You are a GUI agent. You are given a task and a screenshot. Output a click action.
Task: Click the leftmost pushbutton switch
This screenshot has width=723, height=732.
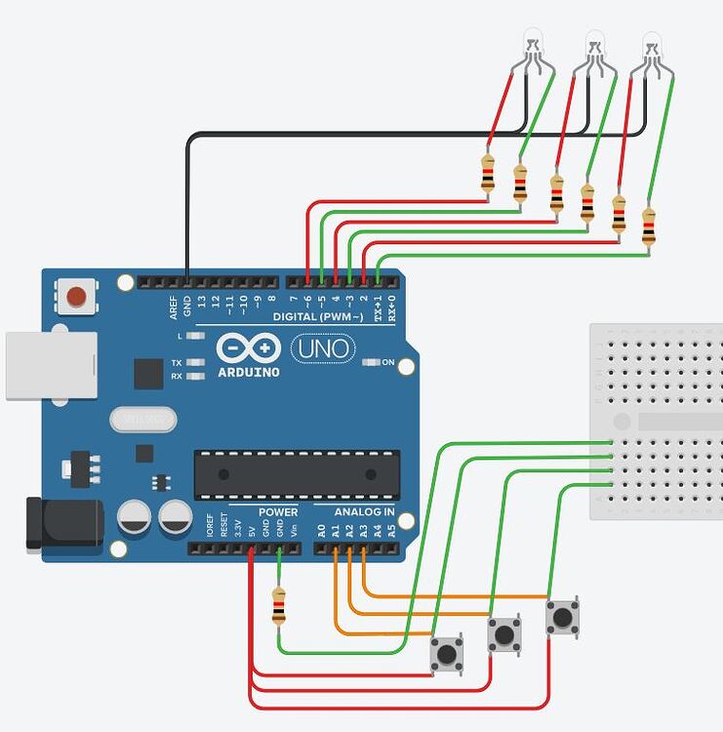(x=447, y=653)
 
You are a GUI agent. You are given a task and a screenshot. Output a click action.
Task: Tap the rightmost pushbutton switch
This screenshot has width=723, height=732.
(x=562, y=617)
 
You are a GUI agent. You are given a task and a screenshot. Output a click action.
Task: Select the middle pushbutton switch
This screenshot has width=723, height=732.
(x=504, y=634)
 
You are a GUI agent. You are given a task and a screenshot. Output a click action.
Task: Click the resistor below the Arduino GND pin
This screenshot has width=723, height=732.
(x=280, y=606)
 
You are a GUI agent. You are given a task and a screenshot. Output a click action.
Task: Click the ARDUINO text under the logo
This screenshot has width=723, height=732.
(x=249, y=372)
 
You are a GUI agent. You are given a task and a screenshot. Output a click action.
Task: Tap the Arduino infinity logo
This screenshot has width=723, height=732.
(x=250, y=348)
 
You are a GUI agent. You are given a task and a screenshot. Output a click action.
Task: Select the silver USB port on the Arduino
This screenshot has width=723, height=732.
(x=51, y=365)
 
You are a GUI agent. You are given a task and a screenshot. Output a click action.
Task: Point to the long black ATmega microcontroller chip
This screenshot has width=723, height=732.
(x=297, y=474)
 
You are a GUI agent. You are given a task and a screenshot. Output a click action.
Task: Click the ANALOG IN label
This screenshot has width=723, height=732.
(x=364, y=511)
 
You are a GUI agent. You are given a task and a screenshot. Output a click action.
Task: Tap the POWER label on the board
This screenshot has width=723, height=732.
(x=278, y=511)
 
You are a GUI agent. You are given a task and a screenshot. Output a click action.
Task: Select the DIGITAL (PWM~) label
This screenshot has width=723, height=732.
(x=318, y=317)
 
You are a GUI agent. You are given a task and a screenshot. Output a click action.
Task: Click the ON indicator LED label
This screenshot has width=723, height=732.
(x=387, y=362)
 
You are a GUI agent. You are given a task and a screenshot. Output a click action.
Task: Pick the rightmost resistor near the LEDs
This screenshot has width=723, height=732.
(x=649, y=225)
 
